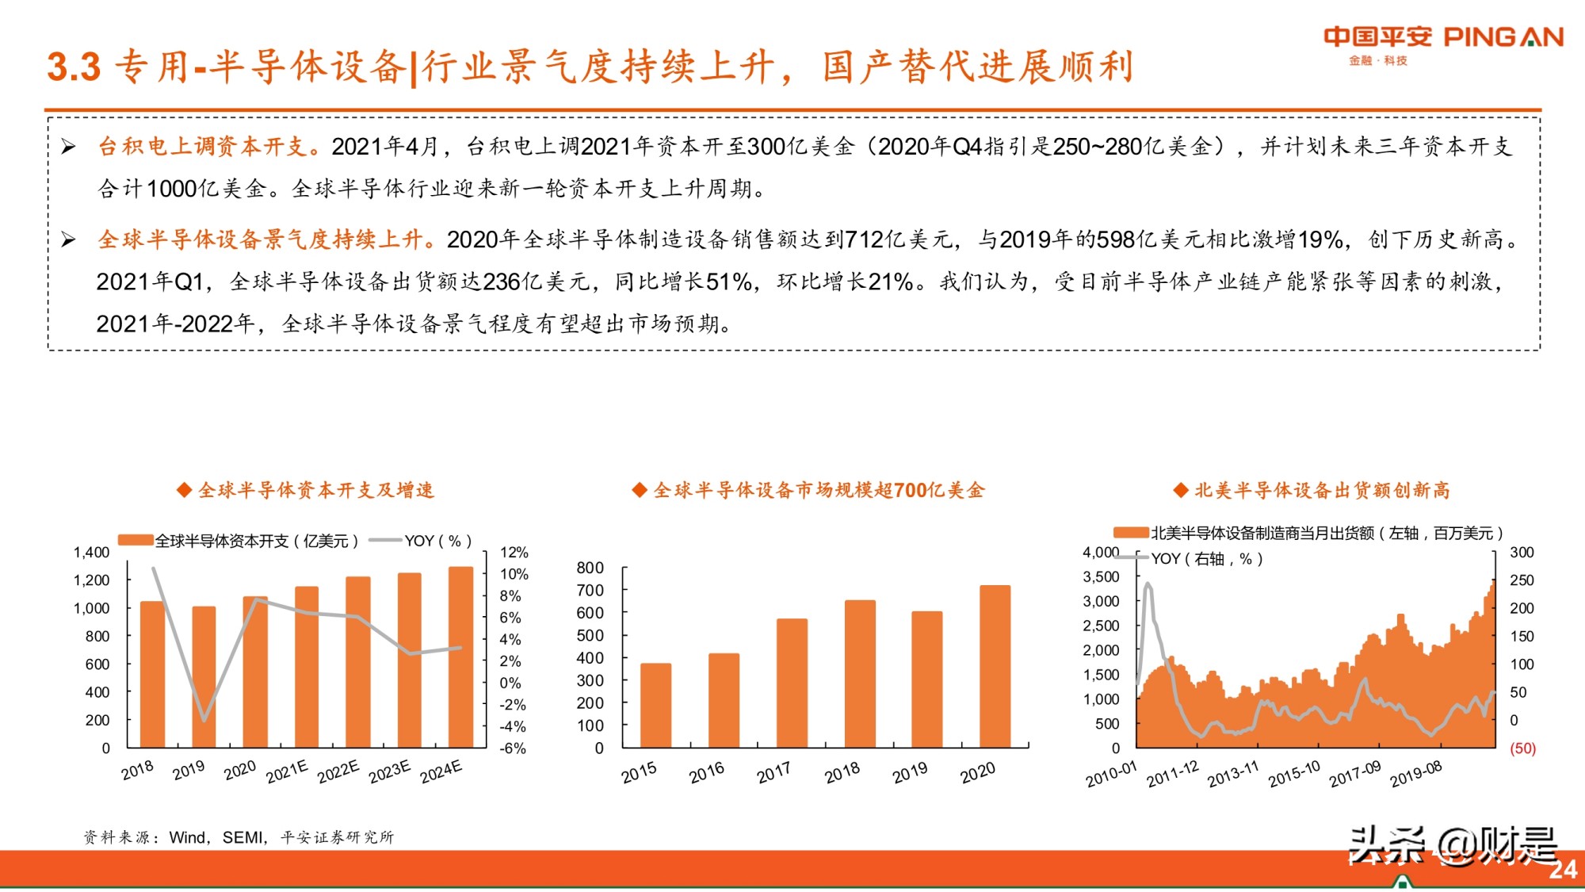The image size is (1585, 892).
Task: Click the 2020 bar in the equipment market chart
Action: pyautogui.click(x=995, y=666)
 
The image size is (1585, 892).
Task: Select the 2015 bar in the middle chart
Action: pyautogui.click(x=655, y=705)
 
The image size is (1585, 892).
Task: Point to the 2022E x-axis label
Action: pyautogui.click(x=338, y=771)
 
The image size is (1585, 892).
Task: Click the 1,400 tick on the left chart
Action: pyautogui.click(x=92, y=553)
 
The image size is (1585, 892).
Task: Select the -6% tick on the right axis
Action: pyautogui.click(x=513, y=748)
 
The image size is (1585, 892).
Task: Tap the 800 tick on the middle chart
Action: pyautogui.click(x=590, y=568)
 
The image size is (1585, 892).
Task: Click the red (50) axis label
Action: pyautogui.click(x=1522, y=748)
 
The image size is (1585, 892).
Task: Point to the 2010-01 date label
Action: pyautogui.click(x=1111, y=774)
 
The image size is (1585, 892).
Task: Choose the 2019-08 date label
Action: pyautogui.click(x=1415, y=774)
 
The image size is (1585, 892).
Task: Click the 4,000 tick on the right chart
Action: pyautogui.click(x=1101, y=553)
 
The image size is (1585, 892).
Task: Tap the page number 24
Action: pyautogui.click(x=1563, y=870)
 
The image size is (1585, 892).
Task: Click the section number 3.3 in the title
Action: pyautogui.click(x=74, y=67)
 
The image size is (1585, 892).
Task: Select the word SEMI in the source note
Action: pyautogui.click(x=242, y=837)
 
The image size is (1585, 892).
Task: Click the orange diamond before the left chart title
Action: pyautogui.click(x=184, y=490)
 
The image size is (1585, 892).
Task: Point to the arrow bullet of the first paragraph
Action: pyautogui.click(x=69, y=147)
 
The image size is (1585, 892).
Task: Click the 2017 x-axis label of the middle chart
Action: pyautogui.click(x=773, y=772)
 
